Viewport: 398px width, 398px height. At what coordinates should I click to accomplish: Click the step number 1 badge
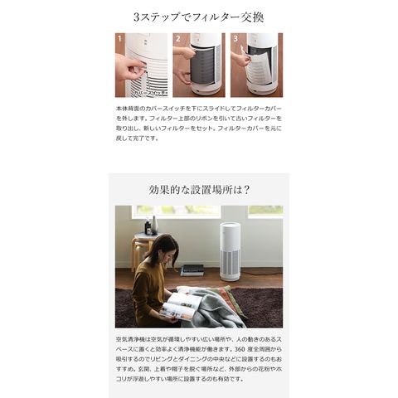tap(120, 38)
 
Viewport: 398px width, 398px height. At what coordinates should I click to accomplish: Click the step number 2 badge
tap(177, 38)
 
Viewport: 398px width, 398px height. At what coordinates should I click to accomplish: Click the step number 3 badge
tap(235, 38)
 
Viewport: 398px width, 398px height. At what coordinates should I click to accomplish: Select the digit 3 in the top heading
tap(136, 17)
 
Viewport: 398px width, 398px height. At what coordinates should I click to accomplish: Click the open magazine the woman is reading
tap(183, 304)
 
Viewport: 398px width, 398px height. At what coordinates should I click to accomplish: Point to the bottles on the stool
tap(150, 225)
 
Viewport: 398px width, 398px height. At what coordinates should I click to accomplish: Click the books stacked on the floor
tap(192, 269)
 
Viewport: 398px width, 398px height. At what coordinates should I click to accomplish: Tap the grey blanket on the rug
tap(218, 310)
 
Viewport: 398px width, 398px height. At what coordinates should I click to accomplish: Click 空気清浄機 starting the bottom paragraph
tap(133, 342)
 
